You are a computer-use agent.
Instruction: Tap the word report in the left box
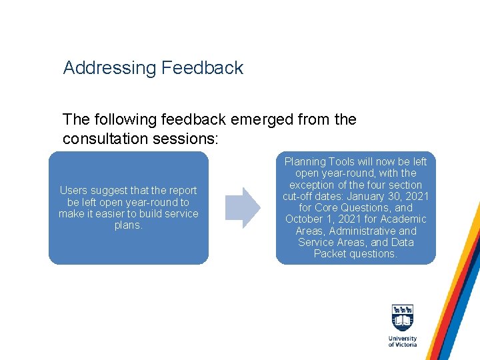pos(181,191)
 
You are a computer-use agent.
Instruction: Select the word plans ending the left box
pos(128,225)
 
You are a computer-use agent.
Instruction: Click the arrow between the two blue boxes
pos(242,208)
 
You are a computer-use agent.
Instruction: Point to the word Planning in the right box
pos(305,162)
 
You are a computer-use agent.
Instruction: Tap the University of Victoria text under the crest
pos(403,341)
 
